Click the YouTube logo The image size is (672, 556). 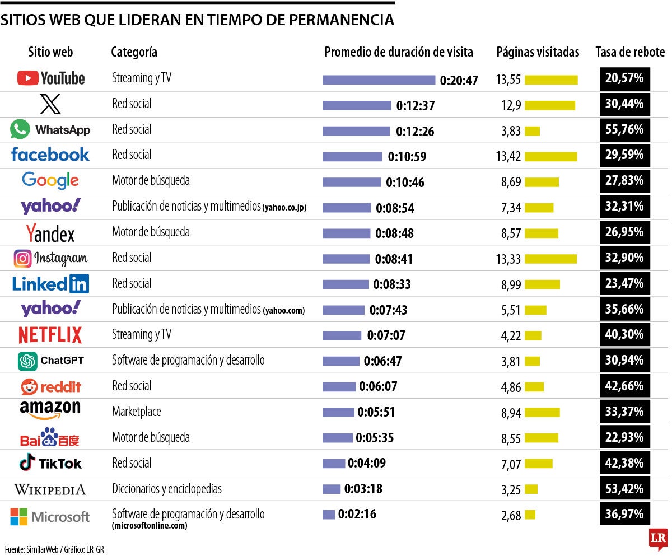point(51,78)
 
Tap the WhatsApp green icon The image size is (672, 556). point(20,129)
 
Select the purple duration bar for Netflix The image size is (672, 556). point(342,336)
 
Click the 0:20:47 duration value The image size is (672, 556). point(459,81)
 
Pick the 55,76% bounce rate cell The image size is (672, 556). point(624,130)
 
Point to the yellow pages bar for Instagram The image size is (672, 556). point(550,259)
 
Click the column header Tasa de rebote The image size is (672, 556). point(630,52)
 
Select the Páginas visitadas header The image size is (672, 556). point(538,52)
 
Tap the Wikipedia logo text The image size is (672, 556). point(50,489)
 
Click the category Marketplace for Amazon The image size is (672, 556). point(136,412)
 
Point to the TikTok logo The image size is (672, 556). point(50,463)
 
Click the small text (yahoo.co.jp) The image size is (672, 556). point(284,208)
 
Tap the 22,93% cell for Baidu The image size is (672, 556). point(624,438)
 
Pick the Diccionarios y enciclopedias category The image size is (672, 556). point(166,489)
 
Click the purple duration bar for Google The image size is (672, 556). point(351,182)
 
